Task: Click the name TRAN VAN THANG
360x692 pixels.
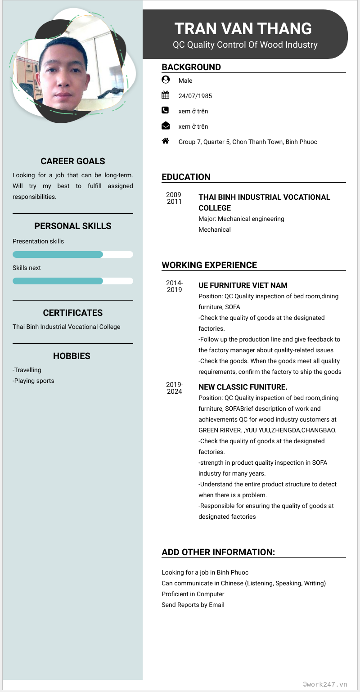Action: click(x=243, y=29)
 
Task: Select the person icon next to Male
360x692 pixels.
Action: click(x=166, y=80)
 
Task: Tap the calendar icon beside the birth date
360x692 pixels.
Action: click(x=166, y=95)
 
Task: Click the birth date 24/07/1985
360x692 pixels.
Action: click(x=195, y=96)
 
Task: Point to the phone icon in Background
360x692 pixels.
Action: click(x=165, y=110)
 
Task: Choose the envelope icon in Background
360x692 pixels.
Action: click(x=166, y=126)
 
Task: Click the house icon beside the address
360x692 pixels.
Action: click(x=166, y=141)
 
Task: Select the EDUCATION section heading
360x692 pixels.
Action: click(x=186, y=177)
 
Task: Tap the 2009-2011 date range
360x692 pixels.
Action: click(x=175, y=198)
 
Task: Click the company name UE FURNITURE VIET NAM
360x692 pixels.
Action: click(x=243, y=285)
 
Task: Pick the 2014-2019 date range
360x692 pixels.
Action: click(x=175, y=286)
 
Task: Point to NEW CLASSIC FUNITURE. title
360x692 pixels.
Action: click(x=243, y=387)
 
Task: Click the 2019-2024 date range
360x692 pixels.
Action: click(x=175, y=388)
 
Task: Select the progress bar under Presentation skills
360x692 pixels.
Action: click(x=72, y=255)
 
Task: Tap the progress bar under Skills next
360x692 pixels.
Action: click(x=72, y=281)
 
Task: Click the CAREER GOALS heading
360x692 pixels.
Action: click(x=72, y=161)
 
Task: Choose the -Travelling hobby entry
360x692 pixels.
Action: click(x=27, y=370)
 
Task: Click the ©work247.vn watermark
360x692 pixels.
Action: click(x=325, y=684)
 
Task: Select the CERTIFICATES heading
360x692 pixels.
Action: click(x=72, y=313)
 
